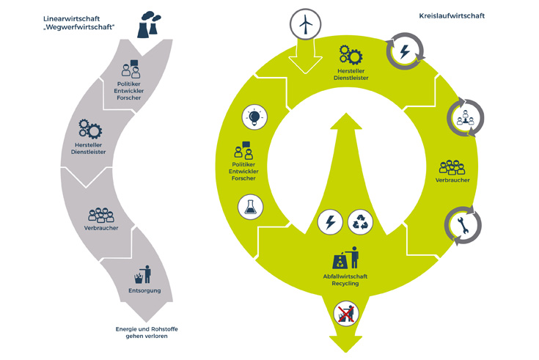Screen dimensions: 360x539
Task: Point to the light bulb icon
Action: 254,117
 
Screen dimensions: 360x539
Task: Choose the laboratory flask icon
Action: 251,208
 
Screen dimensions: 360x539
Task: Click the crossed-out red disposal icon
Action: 344,314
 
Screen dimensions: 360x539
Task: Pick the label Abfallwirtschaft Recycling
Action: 345,279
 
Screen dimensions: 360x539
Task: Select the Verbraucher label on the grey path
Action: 101,227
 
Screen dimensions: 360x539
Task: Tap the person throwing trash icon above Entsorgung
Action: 142,275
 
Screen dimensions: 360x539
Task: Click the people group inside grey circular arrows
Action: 463,116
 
